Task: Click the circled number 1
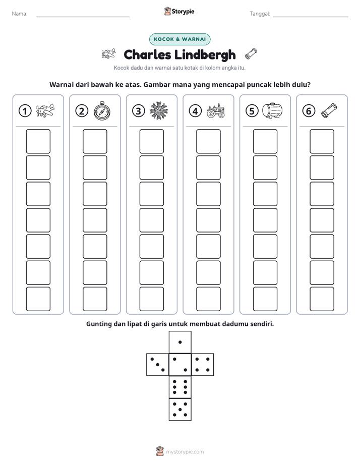[x=25, y=111]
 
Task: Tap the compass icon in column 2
[x=102, y=110]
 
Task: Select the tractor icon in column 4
[x=216, y=111]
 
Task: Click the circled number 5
[x=252, y=111]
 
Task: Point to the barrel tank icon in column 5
[x=272, y=110]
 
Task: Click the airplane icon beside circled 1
[x=45, y=111]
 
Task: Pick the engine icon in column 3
[x=159, y=111]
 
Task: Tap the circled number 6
[x=309, y=111]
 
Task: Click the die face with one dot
[x=180, y=342]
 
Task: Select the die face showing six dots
[x=180, y=387]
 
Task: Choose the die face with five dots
[x=180, y=409]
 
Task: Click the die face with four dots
[x=203, y=365]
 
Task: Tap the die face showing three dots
[x=158, y=365]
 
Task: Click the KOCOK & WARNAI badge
[x=179, y=39]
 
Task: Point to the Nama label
[x=20, y=14]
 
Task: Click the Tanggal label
[x=260, y=14]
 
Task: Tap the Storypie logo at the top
[x=179, y=11]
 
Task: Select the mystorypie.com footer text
[x=185, y=452]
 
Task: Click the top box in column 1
[x=38, y=141]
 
